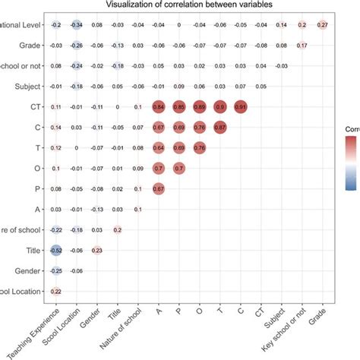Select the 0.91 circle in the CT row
coord(240,107)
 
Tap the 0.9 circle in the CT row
coord(219,107)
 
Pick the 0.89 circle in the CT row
coord(199,107)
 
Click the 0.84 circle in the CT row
coord(158,107)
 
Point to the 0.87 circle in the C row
coord(219,128)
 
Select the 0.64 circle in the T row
coord(158,148)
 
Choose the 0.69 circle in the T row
coord(178,148)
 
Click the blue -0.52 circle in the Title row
coord(55,251)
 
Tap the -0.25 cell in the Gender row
coord(55,271)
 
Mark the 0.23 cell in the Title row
coord(96,251)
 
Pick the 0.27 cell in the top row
coord(323,25)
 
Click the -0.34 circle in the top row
coord(76,25)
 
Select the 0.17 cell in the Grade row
coord(302,46)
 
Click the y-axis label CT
coord(35,107)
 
